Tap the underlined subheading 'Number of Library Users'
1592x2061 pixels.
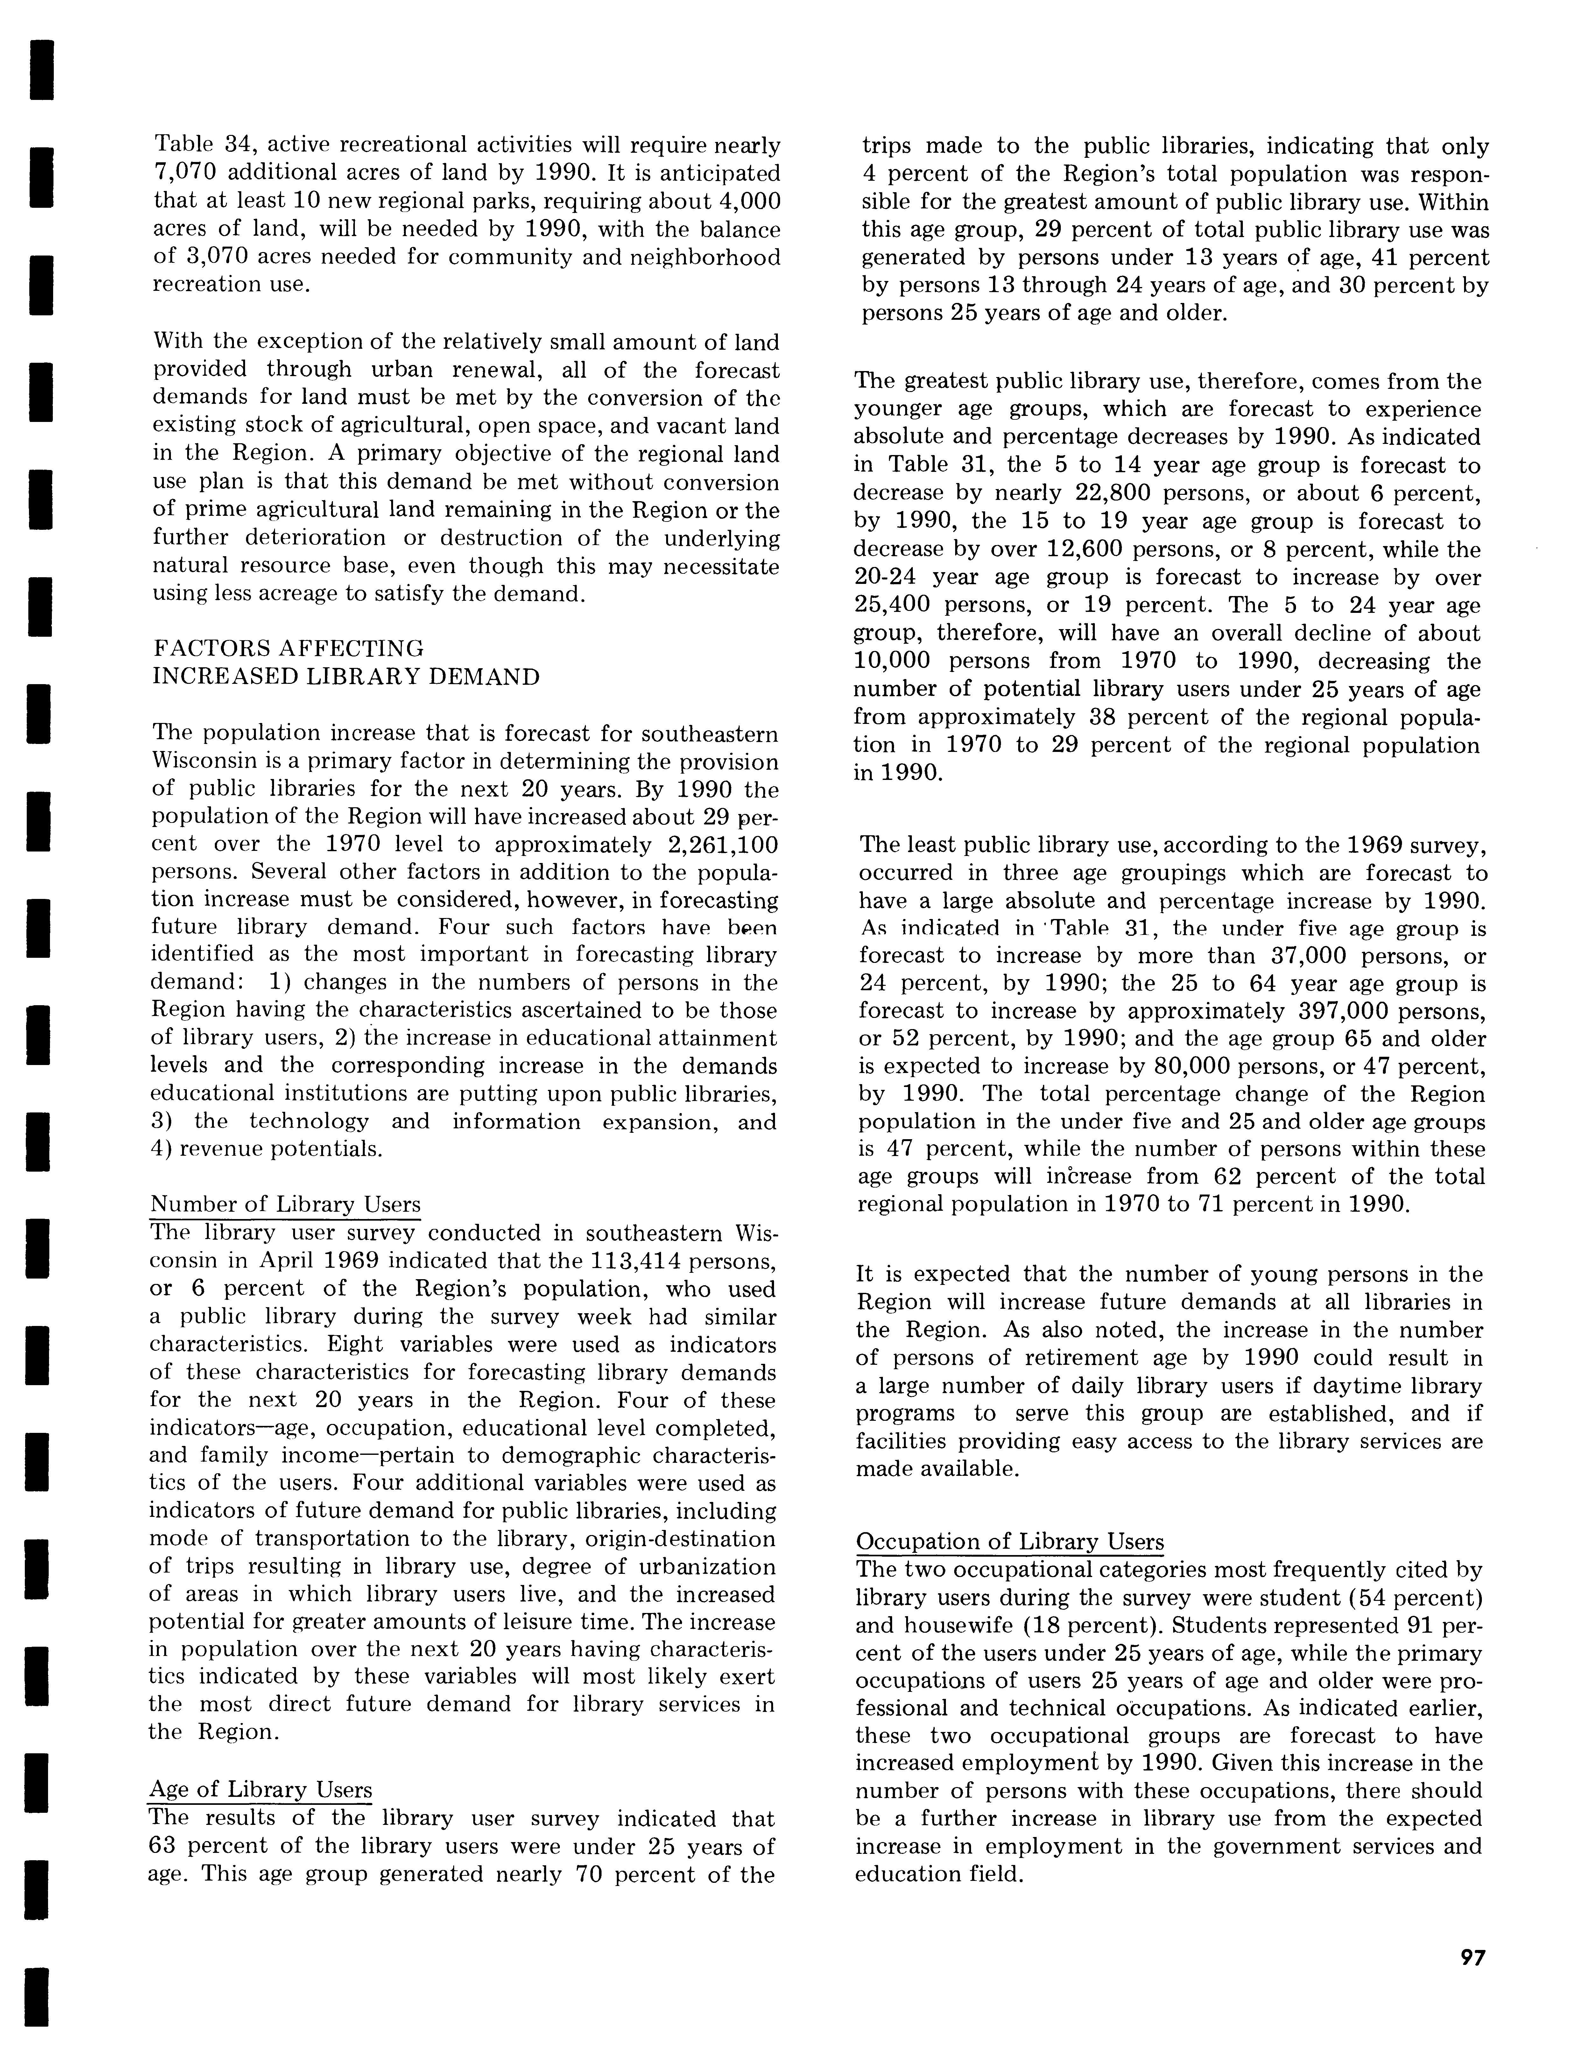point(285,1205)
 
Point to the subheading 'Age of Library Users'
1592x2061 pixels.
point(260,1790)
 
